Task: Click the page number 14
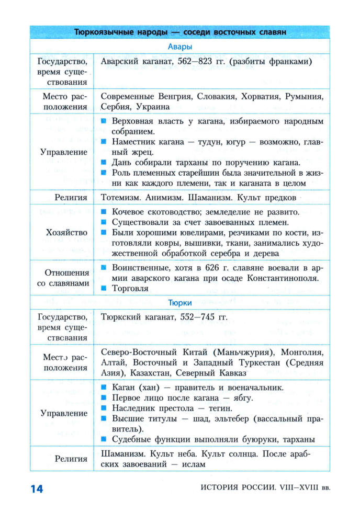click(37, 488)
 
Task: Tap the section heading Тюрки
click(181, 302)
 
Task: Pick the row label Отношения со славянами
click(63, 278)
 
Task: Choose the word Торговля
click(131, 288)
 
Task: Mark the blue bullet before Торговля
click(104, 288)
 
